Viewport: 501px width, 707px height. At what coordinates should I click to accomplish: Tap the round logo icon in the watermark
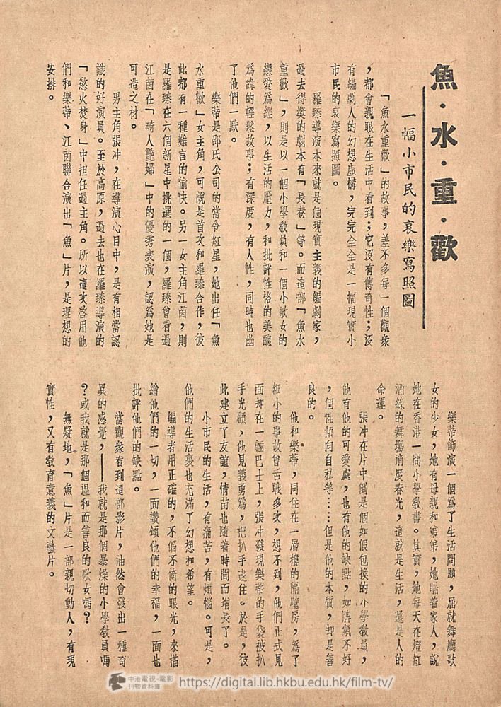tap(116, 682)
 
